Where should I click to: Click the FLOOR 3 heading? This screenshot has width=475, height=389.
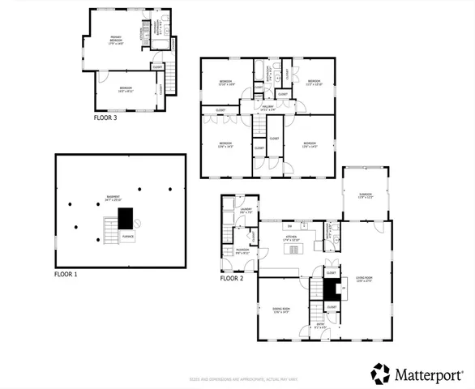[x=105, y=118]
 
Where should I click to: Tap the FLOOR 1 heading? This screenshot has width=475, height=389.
[x=66, y=275]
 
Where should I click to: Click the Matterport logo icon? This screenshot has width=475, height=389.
[x=380, y=374]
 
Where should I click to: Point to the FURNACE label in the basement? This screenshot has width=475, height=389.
[x=127, y=236]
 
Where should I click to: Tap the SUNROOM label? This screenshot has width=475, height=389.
[x=366, y=195]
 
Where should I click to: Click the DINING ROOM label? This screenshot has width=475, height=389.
[x=280, y=310]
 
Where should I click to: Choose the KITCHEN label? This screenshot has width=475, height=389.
[x=290, y=239]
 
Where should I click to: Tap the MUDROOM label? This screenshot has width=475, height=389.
[x=242, y=250]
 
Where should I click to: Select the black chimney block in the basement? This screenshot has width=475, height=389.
[x=125, y=217]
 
